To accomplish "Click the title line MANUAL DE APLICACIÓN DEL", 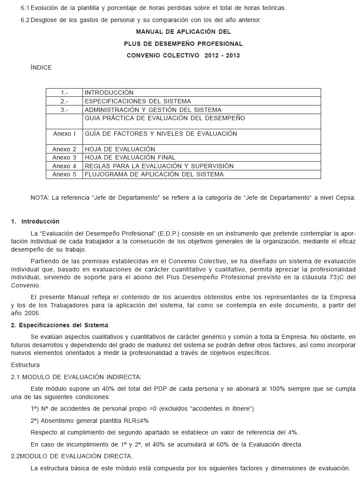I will pyautogui.click(x=183, y=32).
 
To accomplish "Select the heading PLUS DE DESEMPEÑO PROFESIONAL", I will pyautogui.click(x=183, y=44).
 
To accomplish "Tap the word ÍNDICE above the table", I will pyautogui.click(x=41, y=67).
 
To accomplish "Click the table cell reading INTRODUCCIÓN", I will pyautogui.click(x=109, y=93).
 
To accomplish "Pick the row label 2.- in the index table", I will pyautogui.click(x=64, y=101).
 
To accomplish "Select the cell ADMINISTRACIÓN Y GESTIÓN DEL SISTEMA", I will pyautogui.click(x=153, y=110).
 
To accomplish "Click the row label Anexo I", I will pyautogui.click(x=64, y=134).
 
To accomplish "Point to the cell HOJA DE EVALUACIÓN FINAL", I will pyautogui.click(x=130, y=157).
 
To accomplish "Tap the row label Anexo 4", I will pyautogui.click(x=64, y=166).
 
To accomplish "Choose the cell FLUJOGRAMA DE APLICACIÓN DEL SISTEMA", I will pyautogui.click(x=154, y=174).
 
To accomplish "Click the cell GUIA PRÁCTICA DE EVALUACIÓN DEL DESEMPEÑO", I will pyautogui.click(x=165, y=118).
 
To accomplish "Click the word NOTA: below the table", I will pyautogui.click(x=40, y=198).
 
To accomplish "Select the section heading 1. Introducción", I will pyautogui.click(x=35, y=221).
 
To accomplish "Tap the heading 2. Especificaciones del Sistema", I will pyautogui.click(x=60, y=325).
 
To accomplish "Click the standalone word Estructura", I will pyautogui.click(x=25, y=365).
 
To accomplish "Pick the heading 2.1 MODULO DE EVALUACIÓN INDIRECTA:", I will pyautogui.click(x=76, y=377).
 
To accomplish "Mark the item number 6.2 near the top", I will pyautogui.click(x=25, y=20).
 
